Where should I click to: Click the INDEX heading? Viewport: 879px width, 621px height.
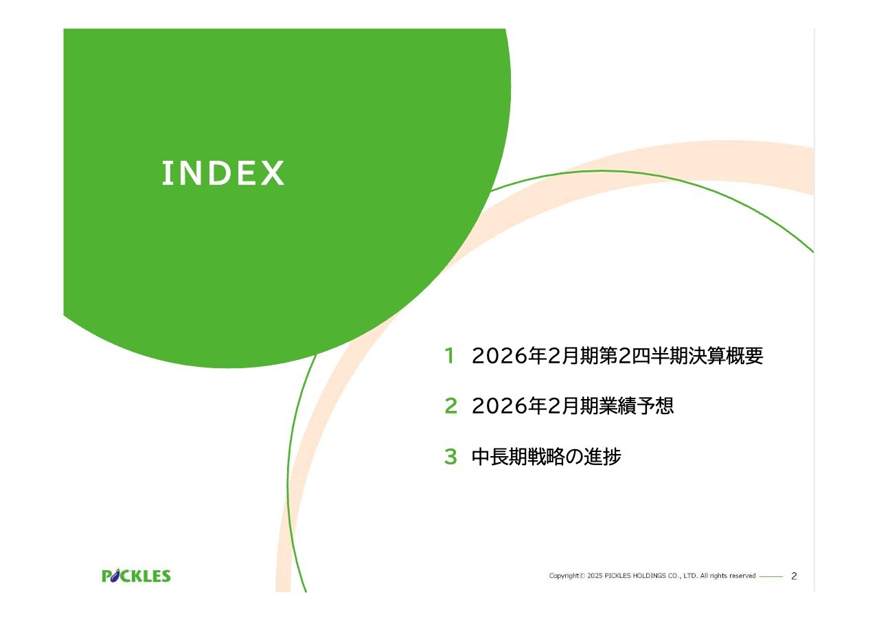(223, 172)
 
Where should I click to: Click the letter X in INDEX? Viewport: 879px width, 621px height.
(273, 172)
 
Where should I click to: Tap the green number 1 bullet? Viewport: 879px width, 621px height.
(450, 356)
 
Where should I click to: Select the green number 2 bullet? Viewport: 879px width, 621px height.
(451, 406)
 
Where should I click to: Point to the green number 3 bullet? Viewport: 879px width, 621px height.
(451, 457)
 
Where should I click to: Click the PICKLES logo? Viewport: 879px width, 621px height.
(136, 576)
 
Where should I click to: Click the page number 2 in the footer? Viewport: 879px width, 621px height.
(794, 576)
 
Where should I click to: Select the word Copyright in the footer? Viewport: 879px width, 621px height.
(564, 576)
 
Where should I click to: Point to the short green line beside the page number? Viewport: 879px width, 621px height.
(771, 576)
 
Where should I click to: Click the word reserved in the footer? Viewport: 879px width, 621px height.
(742, 576)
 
